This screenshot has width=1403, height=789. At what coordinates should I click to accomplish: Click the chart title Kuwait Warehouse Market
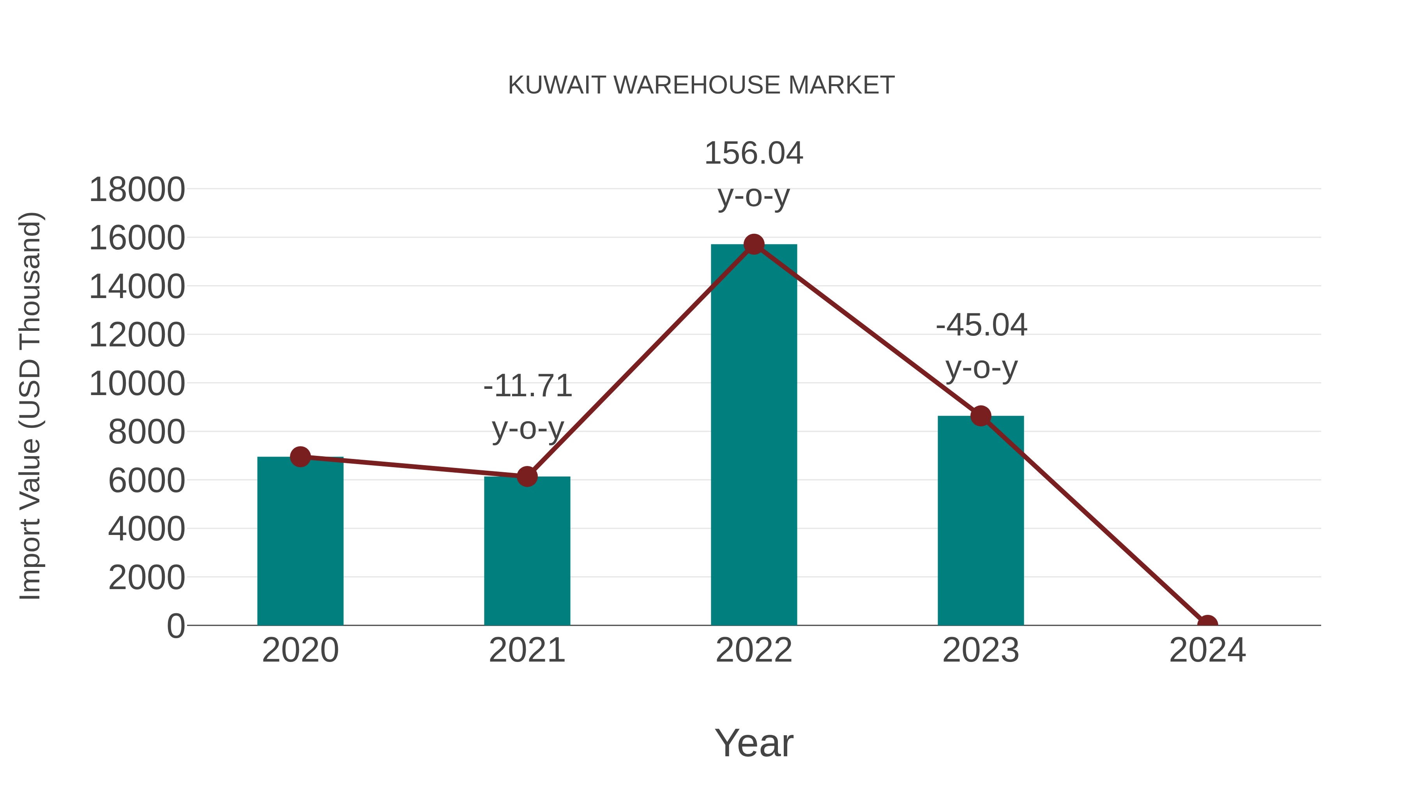coord(701,85)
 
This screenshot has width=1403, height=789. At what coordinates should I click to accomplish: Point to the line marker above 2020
coord(300,457)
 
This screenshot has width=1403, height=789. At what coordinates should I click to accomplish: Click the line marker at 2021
coord(527,477)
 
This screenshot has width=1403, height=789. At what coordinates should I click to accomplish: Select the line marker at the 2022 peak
coord(754,244)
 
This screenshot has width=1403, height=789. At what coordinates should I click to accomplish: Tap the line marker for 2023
coord(981,416)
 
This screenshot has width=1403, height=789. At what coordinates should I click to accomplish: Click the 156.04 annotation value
coord(754,153)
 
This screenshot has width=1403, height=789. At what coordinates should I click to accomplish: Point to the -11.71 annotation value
coord(528,386)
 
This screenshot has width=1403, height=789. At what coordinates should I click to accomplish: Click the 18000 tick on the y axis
coord(137,190)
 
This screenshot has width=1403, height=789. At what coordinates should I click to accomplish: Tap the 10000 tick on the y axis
coord(137,384)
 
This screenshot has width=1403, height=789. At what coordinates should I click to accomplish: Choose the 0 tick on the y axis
coord(175,626)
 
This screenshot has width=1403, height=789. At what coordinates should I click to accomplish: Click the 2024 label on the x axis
coord(1207,650)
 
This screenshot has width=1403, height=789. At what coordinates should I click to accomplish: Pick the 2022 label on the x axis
coord(754,650)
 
